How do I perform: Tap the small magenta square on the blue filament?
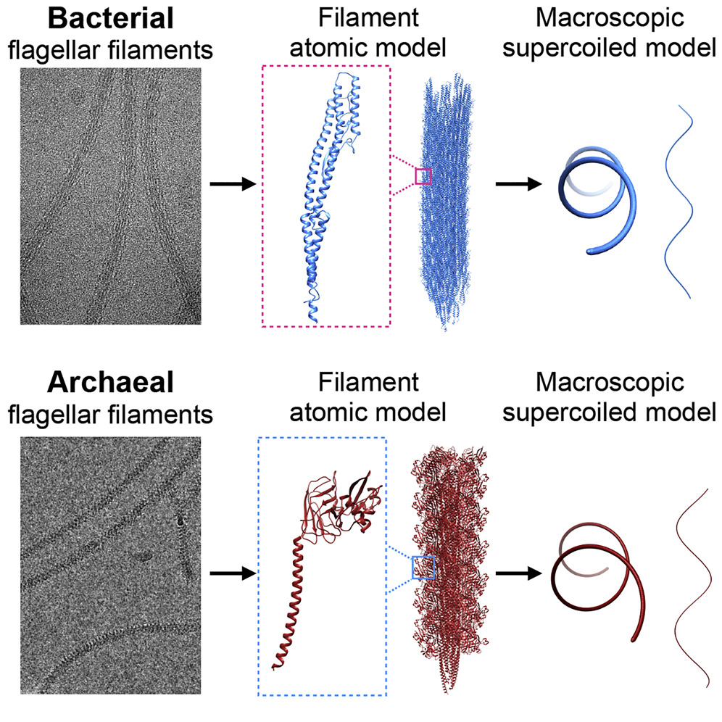tap(423, 176)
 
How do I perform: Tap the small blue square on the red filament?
tap(422, 567)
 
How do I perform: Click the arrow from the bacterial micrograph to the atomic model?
tap(233, 184)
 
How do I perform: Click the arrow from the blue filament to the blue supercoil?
tap(519, 184)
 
